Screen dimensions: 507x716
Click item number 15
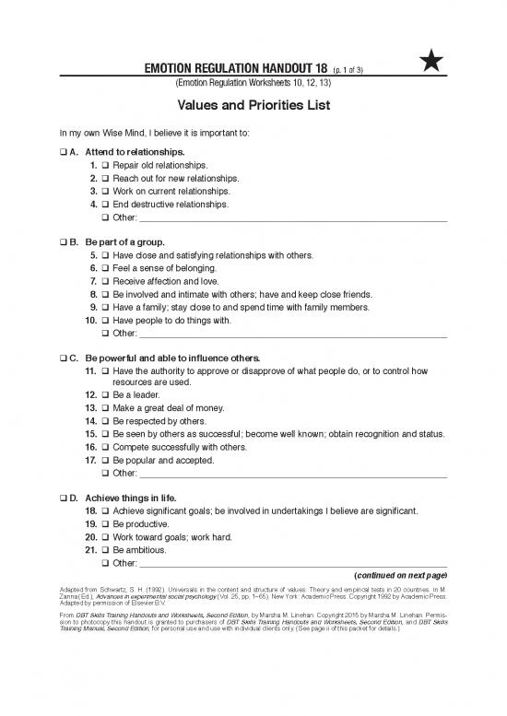pos(90,433)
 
